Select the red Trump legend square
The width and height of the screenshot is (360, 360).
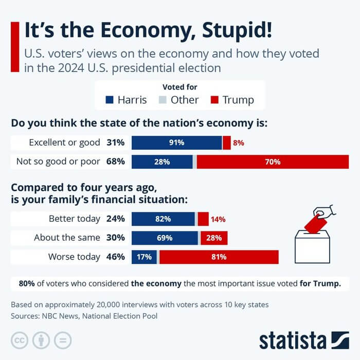click(214, 100)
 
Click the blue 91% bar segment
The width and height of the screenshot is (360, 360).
click(176, 143)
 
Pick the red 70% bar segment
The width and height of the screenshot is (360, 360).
click(273, 161)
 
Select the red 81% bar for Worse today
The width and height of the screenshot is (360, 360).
click(219, 257)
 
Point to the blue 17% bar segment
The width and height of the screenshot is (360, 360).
click(144, 257)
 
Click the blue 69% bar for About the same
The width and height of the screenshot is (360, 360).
click(165, 238)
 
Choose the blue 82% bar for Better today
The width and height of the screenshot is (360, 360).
click(163, 219)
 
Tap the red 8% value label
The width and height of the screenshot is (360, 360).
click(238, 143)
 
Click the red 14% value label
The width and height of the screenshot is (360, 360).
click(218, 219)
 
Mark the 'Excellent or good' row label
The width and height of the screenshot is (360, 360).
click(57, 143)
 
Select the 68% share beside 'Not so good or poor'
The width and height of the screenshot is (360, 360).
click(116, 161)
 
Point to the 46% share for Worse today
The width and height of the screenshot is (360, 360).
click(116, 257)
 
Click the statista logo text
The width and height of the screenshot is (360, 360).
click(293, 340)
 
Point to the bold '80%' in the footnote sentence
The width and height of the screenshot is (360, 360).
click(27, 283)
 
